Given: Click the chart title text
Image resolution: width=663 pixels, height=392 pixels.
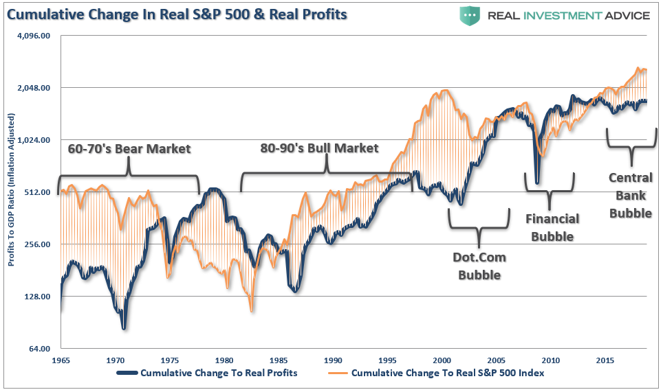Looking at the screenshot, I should pyautogui.click(x=177, y=14).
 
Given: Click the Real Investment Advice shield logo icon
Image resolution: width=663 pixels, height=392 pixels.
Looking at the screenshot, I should pyautogui.click(x=470, y=15).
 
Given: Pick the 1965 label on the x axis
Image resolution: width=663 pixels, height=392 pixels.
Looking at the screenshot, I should pyautogui.click(x=61, y=360).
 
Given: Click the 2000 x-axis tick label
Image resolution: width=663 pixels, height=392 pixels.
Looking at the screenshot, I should pyautogui.click(x=442, y=360).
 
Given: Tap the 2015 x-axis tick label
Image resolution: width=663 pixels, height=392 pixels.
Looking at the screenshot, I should pyautogui.click(x=605, y=360).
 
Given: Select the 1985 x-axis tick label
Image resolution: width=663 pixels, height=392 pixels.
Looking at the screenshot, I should pyautogui.click(x=279, y=360).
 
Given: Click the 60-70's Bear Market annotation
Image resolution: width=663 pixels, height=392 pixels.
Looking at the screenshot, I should pyautogui.click(x=129, y=148).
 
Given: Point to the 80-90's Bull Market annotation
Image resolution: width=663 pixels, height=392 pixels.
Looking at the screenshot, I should pyautogui.click(x=319, y=148).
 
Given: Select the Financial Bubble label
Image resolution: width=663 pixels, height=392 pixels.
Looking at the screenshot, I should pyautogui.click(x=552, y=228).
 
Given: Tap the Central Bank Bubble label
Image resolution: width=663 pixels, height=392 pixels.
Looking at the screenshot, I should pyautogui.click(x=630, y=196).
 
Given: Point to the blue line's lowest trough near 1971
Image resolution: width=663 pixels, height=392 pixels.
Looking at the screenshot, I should pyautogui.click(x=124, y=328).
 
